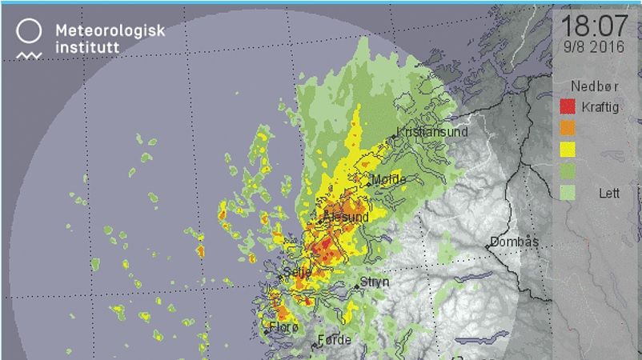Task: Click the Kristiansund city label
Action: pyautogui.click(x=433, y=132)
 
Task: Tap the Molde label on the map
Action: pyautogui.click(x=390, y=179)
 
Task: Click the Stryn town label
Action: pyautogui.click(x=374, y=282)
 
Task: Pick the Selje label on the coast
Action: pyautogui.click(x=299, y=273)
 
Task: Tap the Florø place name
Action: pyautogui.click(x=284, y=327)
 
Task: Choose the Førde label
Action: pyautogui.click(x=335, y=340)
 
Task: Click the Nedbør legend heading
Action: pyautogui.click(x=590, y=86)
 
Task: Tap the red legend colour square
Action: pyautogui.click(x=568, y=106)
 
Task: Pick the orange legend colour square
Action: pyautogui.click(x=568, y=127)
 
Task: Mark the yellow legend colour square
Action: pyautogui.click(x=568, y=149)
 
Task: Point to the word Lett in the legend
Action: pyautogui.click(x=608, y=193)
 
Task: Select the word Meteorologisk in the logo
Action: pyautogui.click(x=110, y=30)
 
